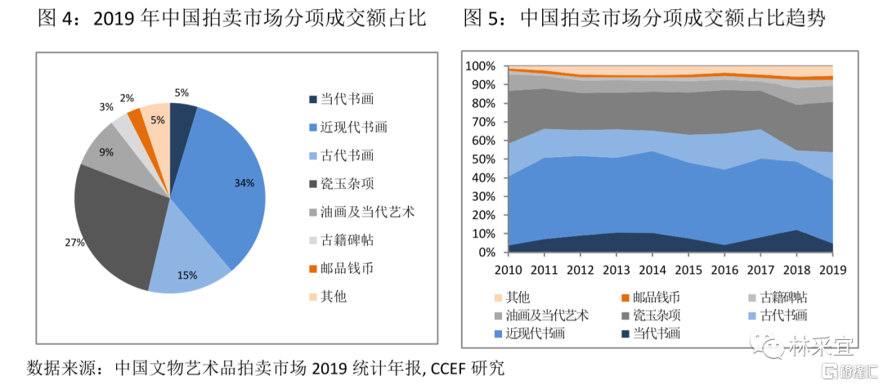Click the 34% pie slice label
(244, 183)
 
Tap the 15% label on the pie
(187, 275)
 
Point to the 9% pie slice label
(106, 152)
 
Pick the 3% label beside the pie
(106, 107)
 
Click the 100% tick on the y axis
(479, 66)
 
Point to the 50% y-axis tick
(482, 159)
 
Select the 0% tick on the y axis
(486, 253)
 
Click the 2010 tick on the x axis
(509, 270)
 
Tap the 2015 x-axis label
(688, 270)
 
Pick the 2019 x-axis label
(831, 270)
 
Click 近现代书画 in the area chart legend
(535, 333)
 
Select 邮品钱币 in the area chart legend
(653, 298)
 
